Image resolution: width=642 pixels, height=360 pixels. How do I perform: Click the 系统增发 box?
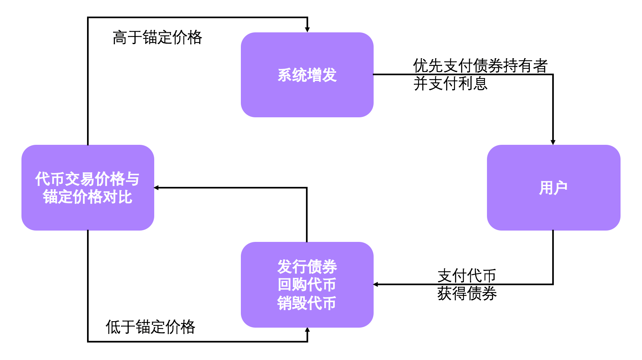pyautogui.click(x=307, y=75)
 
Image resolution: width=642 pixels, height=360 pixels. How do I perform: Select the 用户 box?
pyautogui.click(x=553, y=188)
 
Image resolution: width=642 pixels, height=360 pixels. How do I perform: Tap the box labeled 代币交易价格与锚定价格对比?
pyautogui.click(x=87, y=188)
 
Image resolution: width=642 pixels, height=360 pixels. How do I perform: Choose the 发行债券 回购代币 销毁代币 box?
pyautogui.click(x=307, y=285)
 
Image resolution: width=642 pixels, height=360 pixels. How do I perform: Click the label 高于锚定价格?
pyautogui.click(x=157, y=38)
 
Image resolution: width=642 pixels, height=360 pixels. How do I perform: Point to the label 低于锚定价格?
pyautogui.click(x=150, y=327)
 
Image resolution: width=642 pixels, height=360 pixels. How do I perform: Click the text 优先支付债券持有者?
pyautogui.click(x=480, y=66)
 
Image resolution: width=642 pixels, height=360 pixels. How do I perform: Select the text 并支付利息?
pyautogui.click(x=450, y=84)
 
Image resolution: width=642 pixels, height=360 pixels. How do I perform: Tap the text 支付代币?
pyautogui.click(x=467, y=276)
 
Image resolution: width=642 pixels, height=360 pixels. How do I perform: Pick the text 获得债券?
pyautogui.click(x=467, y=294)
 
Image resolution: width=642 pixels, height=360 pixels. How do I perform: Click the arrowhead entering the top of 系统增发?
pyautogui.click(x=307, y=30)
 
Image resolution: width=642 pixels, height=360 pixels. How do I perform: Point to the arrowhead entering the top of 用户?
pyautogui.click(x=553, y=142)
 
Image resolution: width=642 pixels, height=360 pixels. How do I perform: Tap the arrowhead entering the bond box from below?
pyautogui.click(x=307, y=330)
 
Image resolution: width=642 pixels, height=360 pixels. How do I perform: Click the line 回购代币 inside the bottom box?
pyautogui.click(x=307, y=285)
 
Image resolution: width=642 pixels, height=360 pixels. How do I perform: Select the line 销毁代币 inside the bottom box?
pyautogui.click(x=307, y=303)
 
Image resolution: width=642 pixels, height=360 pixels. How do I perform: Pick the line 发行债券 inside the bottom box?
pyautogui.click(x=307, y=267)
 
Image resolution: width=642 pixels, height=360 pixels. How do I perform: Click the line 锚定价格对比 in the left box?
pyautogui.click(x=87, y=197)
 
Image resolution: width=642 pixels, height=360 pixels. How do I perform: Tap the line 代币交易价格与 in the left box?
pyautogui.click(x=87, y=179)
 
